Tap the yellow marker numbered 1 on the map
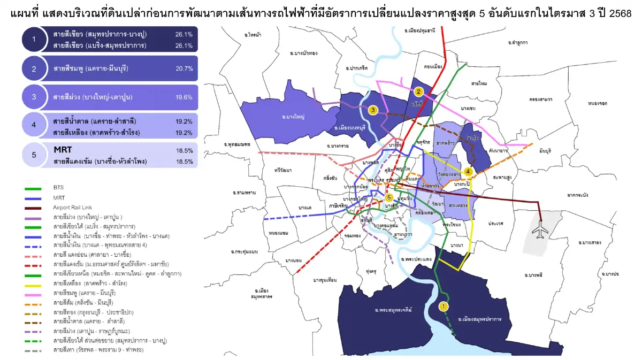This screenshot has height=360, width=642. point(443,306)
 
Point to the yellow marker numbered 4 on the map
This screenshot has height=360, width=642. point(468,172)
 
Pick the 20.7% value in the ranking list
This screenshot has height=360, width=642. point(184,68)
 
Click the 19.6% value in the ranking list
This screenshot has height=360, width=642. point(184,97)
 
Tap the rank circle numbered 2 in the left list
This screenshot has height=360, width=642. point(34,68)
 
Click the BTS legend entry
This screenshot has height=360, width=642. point(58,188)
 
